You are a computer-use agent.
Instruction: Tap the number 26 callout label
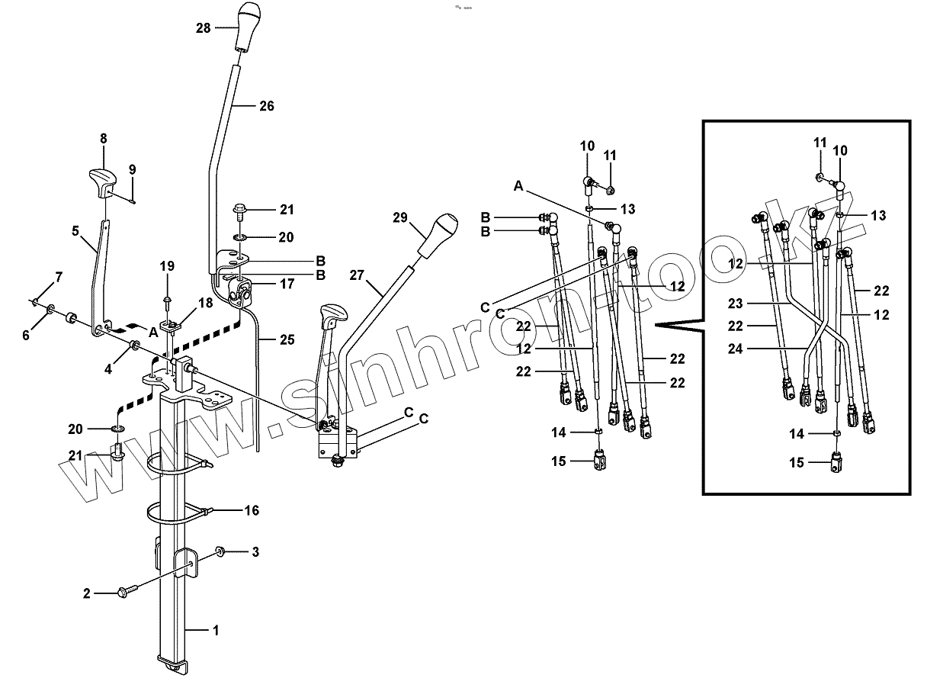[x=266, y=106]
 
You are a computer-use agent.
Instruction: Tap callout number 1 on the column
[x=216, y=630]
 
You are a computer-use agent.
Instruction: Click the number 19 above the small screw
[x=167, y=265]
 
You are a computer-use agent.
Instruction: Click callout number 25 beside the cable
[x=287, y=339]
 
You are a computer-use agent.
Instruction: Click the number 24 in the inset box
[x=735, y=351]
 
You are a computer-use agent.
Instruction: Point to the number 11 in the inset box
[x=820, y=143]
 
